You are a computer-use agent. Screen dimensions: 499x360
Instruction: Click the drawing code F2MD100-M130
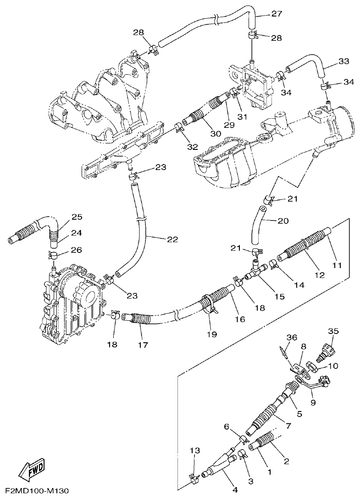point(34,491)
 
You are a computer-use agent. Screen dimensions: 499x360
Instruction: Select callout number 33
point(344,61)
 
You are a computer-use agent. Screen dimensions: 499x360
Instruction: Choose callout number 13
point(195,451)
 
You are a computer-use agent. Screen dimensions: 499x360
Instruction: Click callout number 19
point(211,334)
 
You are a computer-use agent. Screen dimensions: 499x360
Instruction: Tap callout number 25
point(77,217)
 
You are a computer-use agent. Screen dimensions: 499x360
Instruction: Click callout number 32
point(193,147)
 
